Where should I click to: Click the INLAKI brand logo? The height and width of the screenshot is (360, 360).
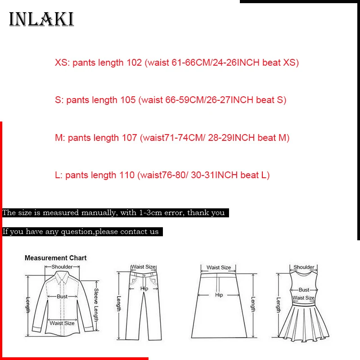click(x=41, y=19)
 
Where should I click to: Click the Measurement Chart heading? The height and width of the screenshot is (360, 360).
click(x=55, y=258)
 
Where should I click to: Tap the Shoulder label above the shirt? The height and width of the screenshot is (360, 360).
click(x=62, y=267)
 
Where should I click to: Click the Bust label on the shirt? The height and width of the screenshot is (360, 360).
click(x=62, y=297)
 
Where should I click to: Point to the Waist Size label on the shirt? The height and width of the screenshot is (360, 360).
click(x=62, y=323)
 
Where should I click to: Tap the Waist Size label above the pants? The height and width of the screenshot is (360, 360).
click(x=144, y=267)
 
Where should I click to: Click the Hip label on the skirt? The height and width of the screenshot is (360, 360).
click(x=219, y=295)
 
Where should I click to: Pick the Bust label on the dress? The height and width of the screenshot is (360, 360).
click(x=304, y=290)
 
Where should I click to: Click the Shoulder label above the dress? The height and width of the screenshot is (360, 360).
click(x=304, y=267)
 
